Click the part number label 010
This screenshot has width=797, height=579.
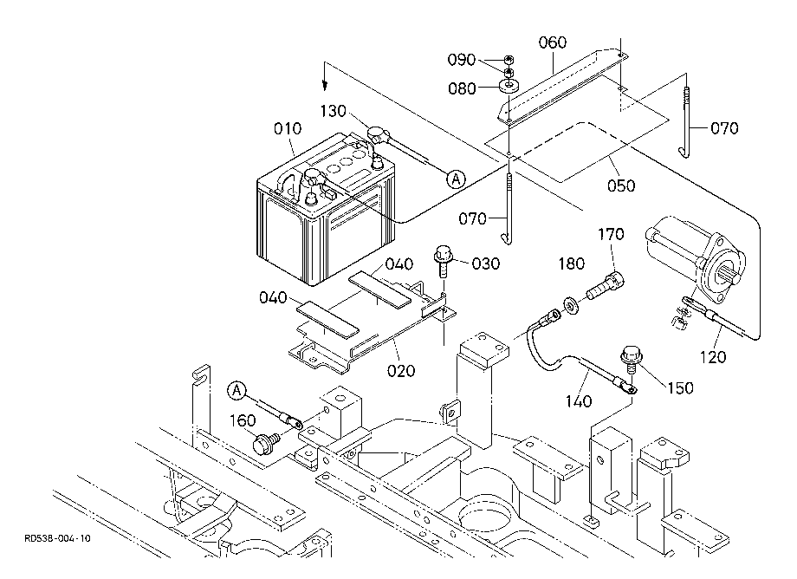pos(288,128)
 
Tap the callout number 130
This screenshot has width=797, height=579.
pos(333,111)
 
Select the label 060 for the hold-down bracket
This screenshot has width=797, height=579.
pos(553,42)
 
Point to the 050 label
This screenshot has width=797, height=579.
pos(621,185)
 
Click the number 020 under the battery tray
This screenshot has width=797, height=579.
pos(401,371)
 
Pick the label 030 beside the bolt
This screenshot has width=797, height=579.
pos(486,263)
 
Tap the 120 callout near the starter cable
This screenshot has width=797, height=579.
pos(713,357)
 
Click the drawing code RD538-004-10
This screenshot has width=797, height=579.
pos(57,538)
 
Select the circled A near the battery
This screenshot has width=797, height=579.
pos(456,179)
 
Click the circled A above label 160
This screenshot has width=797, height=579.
pos(237,391)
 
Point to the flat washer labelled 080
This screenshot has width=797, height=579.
pos(509,85)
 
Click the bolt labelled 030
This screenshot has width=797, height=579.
pos(443,261)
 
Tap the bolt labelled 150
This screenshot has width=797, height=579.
pos(632,359)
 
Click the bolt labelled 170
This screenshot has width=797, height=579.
pos(606,286)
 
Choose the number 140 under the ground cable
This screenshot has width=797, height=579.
pos(579,402)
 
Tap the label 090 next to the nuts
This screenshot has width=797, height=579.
pos(462,60)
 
